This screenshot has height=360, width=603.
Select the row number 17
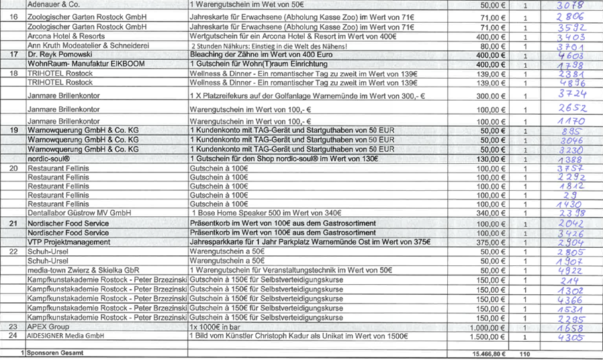coord(14,54)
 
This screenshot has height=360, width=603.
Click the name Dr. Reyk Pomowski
coord(60,54)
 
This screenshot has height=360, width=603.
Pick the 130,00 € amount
coord(490,159)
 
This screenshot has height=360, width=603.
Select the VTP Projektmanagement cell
coord(68,242)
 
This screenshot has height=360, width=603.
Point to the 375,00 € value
coord(490,242)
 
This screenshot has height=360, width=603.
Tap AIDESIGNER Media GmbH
coord(64,336)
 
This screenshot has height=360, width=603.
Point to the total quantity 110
coord(524,353)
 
